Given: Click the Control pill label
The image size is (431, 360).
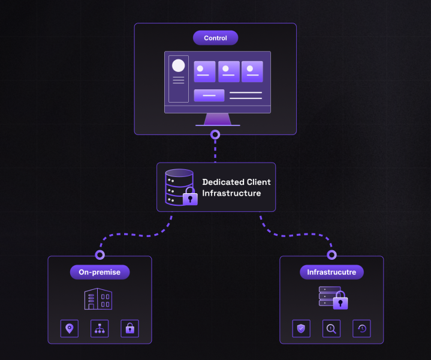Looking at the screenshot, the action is pos(216,38).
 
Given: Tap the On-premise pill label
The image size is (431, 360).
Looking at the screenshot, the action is pos(100,272).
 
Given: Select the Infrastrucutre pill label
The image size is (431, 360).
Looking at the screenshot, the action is pos(331,272).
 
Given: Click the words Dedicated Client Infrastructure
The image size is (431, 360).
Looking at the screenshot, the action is pos(236,187).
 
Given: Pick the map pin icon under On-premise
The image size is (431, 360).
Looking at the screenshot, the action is pos(70,328).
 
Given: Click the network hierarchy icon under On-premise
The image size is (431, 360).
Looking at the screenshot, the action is pos(100,328).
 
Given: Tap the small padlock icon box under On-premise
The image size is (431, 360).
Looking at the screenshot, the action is pos(129,328).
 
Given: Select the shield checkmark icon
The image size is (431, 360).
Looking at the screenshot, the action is pos(302,328).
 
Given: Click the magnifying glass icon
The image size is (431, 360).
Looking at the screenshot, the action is pos(331,328).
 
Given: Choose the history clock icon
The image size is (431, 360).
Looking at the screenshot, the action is pos(361,328).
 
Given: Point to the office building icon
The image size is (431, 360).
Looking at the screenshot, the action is pos(98,299).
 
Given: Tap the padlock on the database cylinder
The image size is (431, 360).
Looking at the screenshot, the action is pos(190,196).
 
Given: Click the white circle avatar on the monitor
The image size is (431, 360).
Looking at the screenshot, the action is pos(179,65).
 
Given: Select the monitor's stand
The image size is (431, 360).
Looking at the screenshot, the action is pos(218,119).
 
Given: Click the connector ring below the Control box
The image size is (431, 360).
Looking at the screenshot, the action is pos(215,134).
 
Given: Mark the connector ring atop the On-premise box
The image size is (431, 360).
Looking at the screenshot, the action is pos(100,255).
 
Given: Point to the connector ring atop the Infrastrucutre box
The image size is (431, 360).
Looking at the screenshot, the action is pos(331,255).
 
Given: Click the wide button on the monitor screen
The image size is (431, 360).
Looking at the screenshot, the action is pos(209,95).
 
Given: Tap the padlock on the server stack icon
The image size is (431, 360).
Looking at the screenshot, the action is pos(340,300).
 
